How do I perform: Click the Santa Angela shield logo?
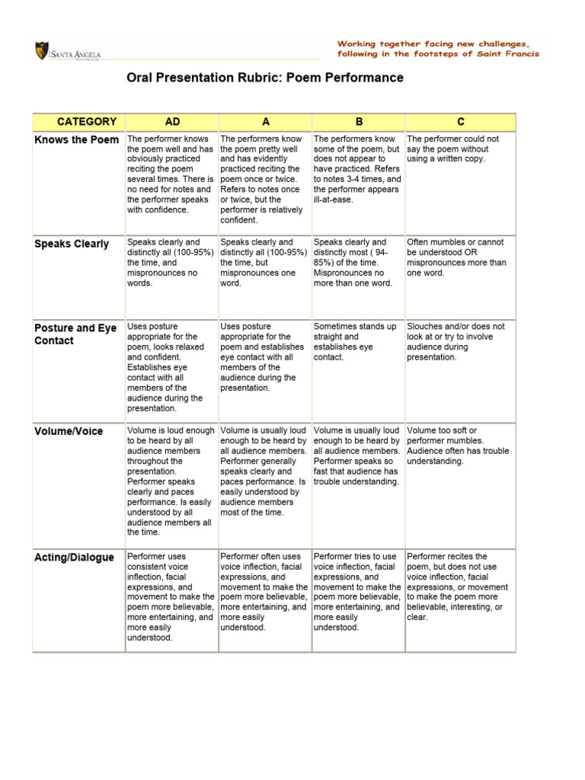40,51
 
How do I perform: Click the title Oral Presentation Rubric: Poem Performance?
265,78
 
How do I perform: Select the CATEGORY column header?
87,122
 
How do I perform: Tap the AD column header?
172,122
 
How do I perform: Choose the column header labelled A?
266,122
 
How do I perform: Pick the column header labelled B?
358,122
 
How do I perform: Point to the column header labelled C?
461,122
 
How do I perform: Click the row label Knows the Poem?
77,140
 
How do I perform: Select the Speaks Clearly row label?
72,244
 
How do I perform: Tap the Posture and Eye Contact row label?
75,334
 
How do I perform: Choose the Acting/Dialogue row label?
75,558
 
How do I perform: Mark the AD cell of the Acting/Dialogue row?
171,597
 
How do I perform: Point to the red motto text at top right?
438,49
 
